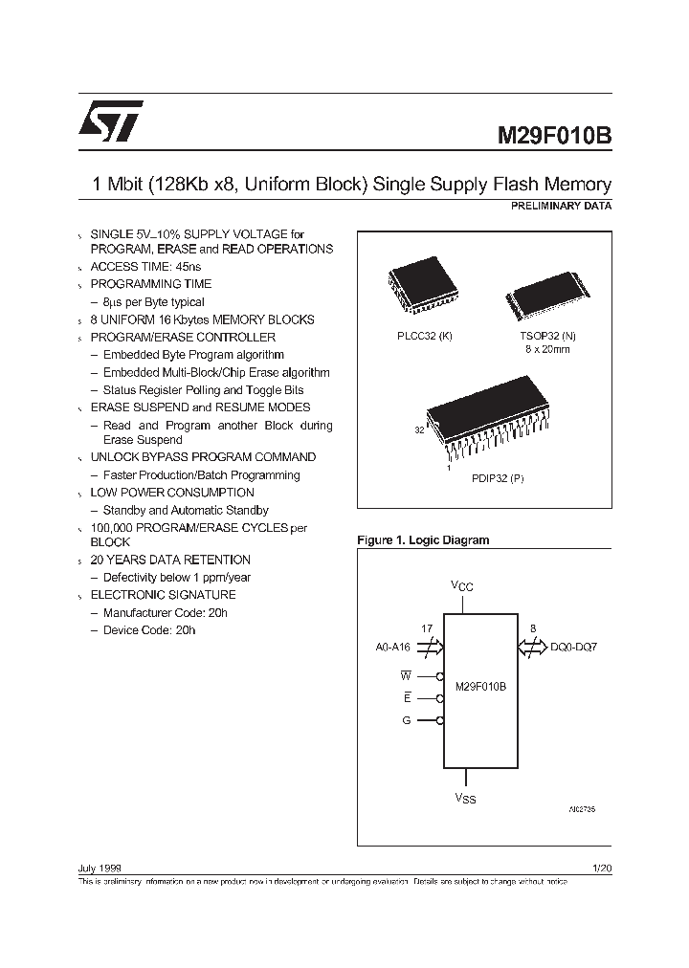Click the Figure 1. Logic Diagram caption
422,540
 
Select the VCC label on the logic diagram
461,585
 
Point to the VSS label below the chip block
464,796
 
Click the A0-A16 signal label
392,648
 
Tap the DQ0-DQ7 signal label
573,648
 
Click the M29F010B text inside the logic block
481,687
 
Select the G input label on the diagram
407,720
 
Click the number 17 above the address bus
427,628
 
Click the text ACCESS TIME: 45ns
145,266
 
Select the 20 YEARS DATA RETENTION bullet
170,560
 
